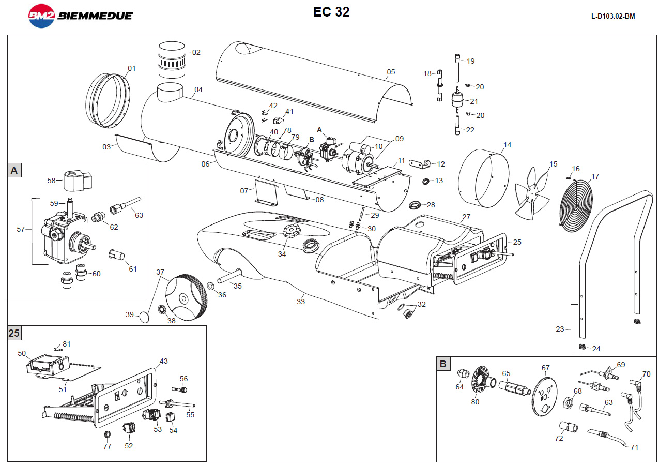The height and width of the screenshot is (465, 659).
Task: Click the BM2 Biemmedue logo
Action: pyautogui.click(x=80, y=16)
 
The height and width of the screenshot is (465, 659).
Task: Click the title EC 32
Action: pyautogui.click(x=331, y=12)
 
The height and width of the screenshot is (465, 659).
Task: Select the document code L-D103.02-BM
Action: pyautogui.click(x=612, y=16)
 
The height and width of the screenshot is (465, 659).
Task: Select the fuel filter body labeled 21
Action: pyautogui.click(x=456, y=98)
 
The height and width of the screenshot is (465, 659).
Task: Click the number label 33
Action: pyautogui.click(x=301, y=302)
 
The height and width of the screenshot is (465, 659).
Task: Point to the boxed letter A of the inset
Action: pyautogui.click(x=14, y=171)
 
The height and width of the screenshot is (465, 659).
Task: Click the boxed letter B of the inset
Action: pyautogui.click(x=443, y=364)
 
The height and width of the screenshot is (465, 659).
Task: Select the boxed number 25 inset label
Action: pyautogui.click(x=14, y=333)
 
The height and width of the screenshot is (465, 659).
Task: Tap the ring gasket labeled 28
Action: pyautogui.click(x=415, y=205)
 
